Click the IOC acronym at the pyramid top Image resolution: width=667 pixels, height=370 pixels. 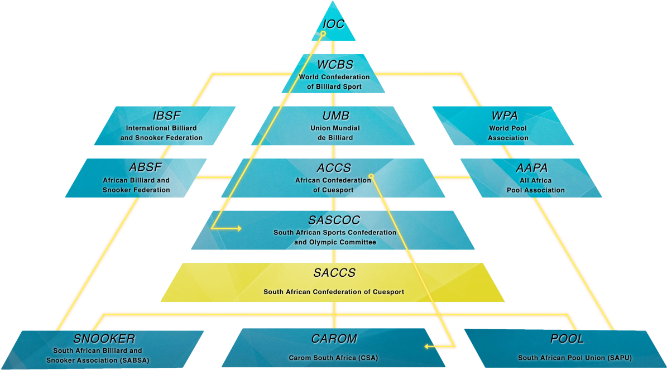point(333,24)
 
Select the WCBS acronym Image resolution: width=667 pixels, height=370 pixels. point(335,65)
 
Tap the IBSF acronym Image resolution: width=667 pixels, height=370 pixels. point(166,116)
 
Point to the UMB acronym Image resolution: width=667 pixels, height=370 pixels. point(335,116)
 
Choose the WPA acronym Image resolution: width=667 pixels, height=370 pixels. point(505,116)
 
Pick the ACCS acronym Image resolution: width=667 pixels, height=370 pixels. point(334,168)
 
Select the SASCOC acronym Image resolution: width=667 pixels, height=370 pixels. point(334,220)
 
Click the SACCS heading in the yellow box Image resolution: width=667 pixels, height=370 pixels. point(334,273)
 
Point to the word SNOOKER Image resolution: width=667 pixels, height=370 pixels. point(104,339)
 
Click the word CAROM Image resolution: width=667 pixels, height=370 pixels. point(334,339)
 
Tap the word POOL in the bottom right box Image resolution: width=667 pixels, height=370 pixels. point(567,339)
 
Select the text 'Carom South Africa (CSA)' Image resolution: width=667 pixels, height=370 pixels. point(333,358)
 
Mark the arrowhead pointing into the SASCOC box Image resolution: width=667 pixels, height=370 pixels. point(239,228)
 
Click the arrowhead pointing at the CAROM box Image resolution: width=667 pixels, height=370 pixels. point(426,347)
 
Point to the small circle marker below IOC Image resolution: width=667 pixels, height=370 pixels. point(323,33)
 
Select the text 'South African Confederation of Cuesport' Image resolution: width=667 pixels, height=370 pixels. point(334,292)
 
